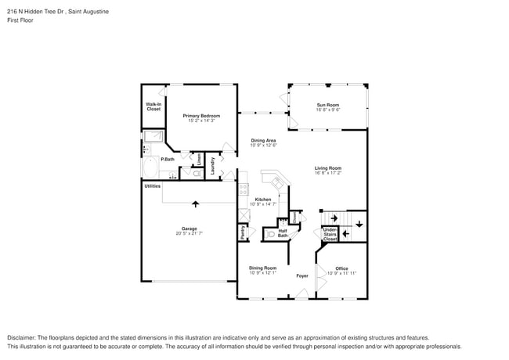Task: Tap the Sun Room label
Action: (327, 105)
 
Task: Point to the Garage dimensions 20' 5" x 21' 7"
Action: (189, 233)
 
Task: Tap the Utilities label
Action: (152, 186)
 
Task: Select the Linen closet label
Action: (199, 160)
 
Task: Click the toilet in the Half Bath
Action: (271, 233)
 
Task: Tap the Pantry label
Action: (243, 232)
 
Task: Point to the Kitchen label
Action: (263, 200)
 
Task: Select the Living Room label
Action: (328, 168)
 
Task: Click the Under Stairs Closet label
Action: (330, 234)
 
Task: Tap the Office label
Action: (341, 268)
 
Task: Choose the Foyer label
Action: (301, 276)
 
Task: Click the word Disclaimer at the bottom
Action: (24, 337)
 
